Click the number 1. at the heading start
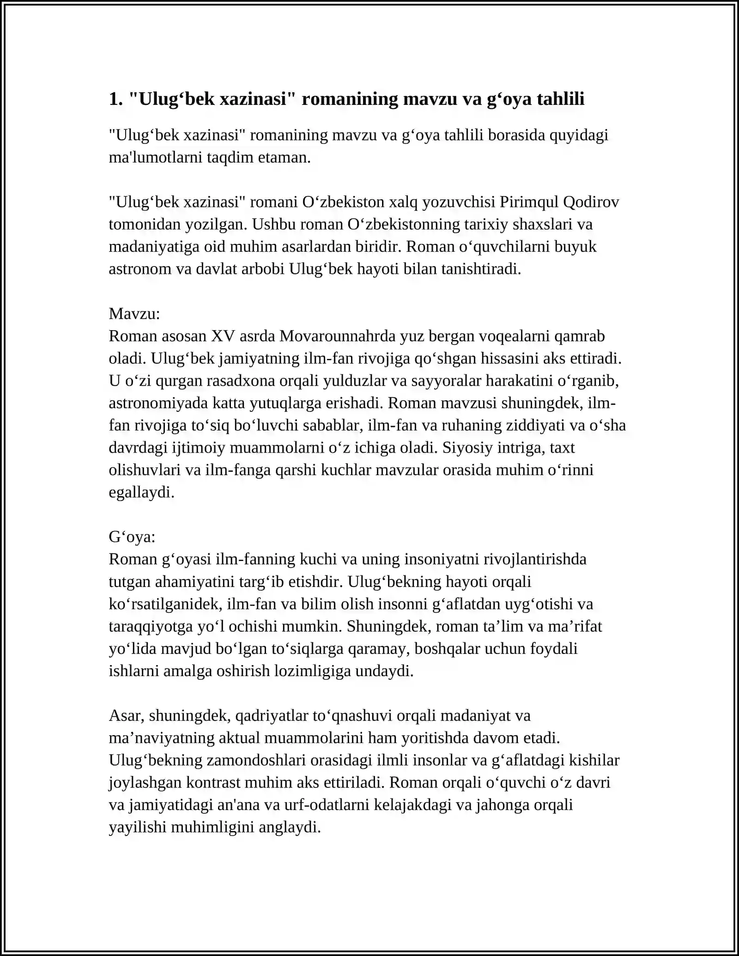pyautogui.click(x=115, y=99)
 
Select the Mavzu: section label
pyautogui.click(x=134, y=314)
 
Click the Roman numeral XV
pyautogui.click(x=223, y=336)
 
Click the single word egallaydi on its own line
pyautogui.click(x=141, y=493)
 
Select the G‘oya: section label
pyautogui.click(x=132, y=537)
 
